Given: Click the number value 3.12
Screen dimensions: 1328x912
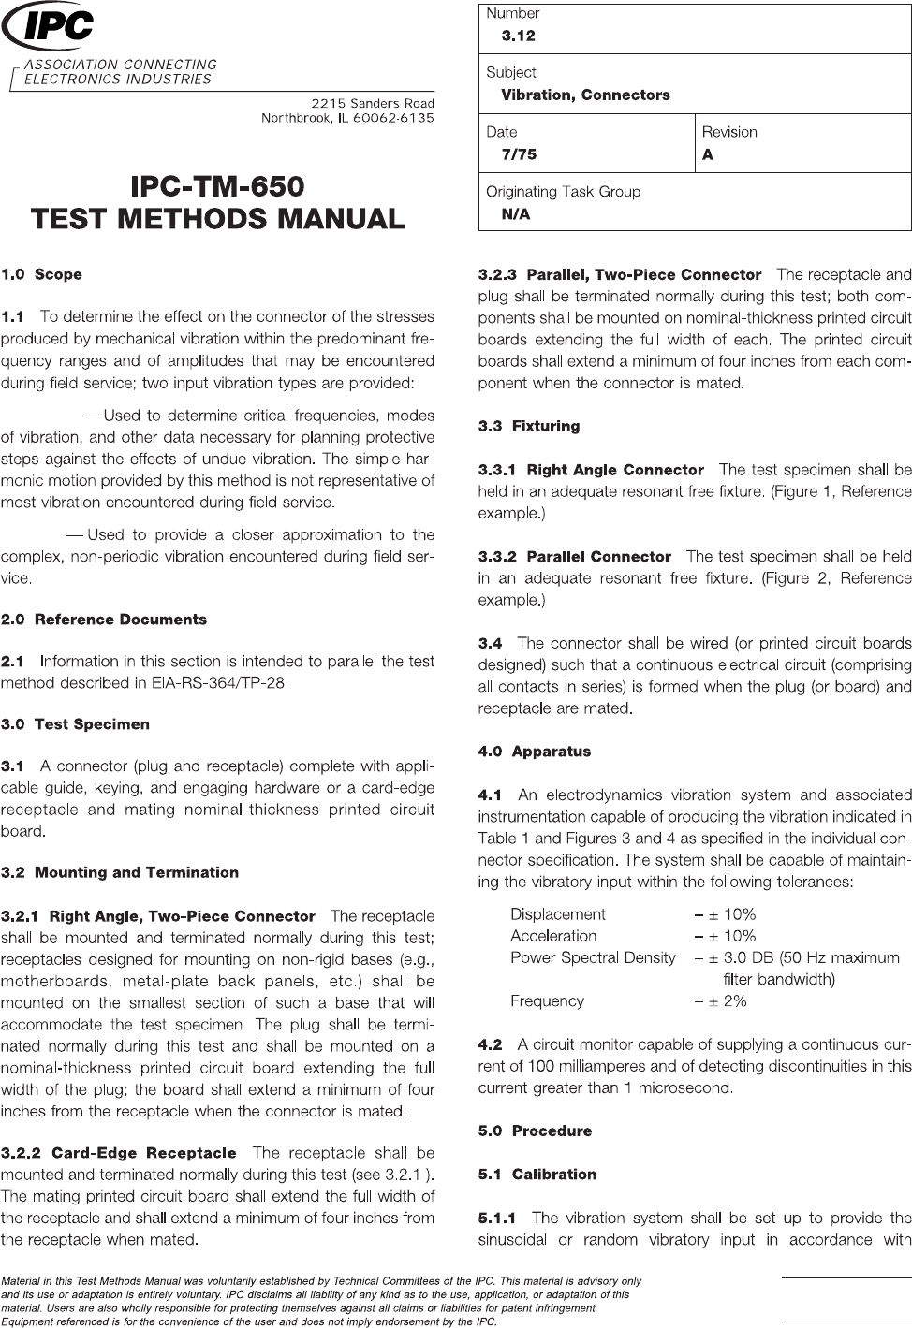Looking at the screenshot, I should coord(519,36).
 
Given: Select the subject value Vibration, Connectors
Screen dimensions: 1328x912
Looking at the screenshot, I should coord(585,95).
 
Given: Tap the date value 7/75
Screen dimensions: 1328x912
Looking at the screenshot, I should coord(520,154).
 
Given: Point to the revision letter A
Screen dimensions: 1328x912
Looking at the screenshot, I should coord(708,154).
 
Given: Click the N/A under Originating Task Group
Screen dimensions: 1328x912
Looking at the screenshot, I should coord(516,214).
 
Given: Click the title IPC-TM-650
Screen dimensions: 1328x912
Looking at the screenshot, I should coord(218,184).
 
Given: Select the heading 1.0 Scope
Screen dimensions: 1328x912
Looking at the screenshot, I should coord(42,274).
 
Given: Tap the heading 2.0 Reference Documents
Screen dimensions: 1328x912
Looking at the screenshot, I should coord(104,620).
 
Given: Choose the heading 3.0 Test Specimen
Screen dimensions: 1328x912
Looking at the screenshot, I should coord(76,724).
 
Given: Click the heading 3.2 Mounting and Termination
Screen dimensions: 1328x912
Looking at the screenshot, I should coord(120,872).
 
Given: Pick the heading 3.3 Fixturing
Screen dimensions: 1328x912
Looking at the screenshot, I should coord(529,426).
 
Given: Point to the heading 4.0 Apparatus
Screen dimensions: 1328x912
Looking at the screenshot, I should coord(535,752).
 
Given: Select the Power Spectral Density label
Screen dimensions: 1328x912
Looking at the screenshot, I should coord(593,957).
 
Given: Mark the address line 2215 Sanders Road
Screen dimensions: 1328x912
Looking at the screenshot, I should coord(373,102).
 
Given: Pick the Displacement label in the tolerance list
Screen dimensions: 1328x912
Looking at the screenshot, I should coord(558,914).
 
